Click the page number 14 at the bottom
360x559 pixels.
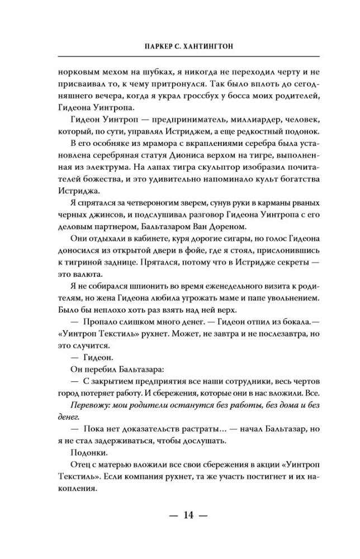point(180,515)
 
